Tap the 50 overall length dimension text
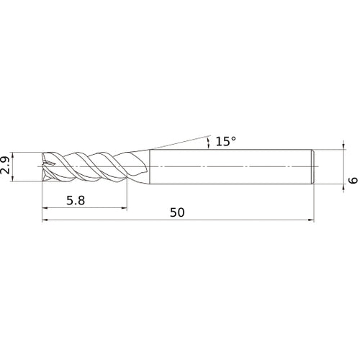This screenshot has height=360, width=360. (x=177, y=213)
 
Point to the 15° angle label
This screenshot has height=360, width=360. (x=225, y=142)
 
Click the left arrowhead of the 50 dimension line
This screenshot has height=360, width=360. (x=47, y=222)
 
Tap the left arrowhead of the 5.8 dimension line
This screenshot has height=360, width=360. (x=47, y=210)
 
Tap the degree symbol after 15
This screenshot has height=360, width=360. (x=233, y=138)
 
